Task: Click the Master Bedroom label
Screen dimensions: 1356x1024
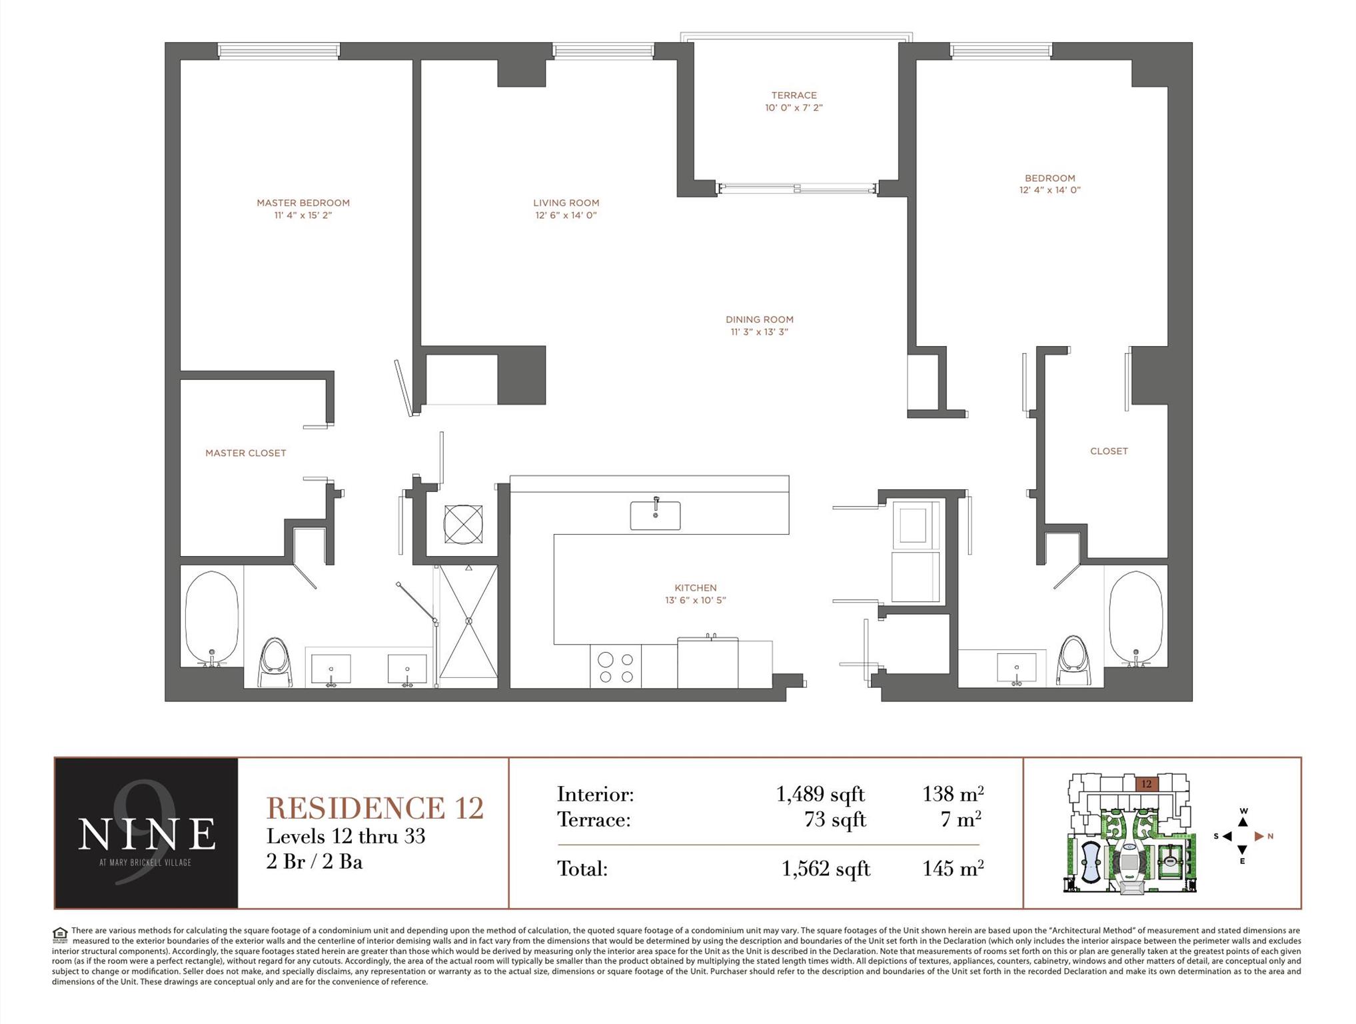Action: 303,203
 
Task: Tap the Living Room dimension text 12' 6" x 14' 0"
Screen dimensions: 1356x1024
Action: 566,215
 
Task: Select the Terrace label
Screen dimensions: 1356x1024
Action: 794,95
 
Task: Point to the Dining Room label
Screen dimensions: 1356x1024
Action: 760,319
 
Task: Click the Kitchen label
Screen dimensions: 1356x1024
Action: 696,587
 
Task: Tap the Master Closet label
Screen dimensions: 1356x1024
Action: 246,453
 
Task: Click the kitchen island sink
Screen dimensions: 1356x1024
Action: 656,515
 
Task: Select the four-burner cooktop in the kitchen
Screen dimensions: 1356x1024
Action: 616,667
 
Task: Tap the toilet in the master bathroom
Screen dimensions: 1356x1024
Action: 275,663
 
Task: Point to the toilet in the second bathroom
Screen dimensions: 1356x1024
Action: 1073,660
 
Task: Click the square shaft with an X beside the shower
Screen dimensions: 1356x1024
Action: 463,524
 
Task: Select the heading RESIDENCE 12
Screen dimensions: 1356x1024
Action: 374,808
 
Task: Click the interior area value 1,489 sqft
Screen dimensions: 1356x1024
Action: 820,794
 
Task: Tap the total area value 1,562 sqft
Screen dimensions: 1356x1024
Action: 826,869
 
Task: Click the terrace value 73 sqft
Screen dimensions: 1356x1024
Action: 835,819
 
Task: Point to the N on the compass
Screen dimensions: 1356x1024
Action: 1271,836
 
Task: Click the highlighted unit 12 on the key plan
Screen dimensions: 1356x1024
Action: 1146,784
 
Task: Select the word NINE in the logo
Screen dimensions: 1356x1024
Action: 147,833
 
